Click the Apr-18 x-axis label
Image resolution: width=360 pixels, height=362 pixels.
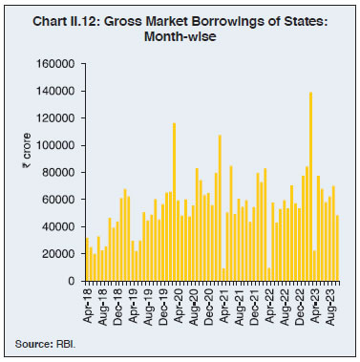click(x=87, y=303)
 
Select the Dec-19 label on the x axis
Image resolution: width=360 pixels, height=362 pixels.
click(x=163, y=303)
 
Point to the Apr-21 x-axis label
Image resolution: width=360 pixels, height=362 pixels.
click(x=223, y=303)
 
